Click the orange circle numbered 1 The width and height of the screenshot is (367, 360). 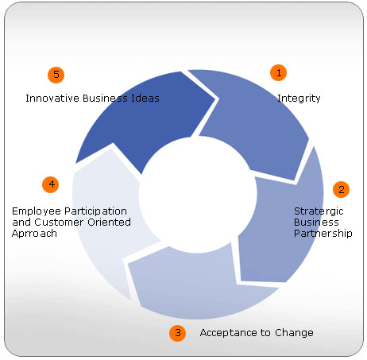pyautogui.click(x=278, y=72)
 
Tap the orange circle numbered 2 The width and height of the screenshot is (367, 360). pyautogui.click(x=341, y=189)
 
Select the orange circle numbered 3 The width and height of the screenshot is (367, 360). pyautogui.click(x=177, y=333)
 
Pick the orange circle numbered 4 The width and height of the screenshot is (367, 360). pyautogui.click(x=51, y=184)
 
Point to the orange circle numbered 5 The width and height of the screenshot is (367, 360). pyautogui.click(x=56, y=75)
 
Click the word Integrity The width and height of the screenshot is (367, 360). pyautogui.click(x=299, y=99)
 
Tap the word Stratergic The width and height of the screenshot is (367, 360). pyautogui.click(x=319, y=211)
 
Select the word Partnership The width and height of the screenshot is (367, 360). pyautogui.click(x=323, y=233)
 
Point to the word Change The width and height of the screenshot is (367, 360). pyautogui.click(x=294, y=333)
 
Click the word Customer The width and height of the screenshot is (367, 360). pyautogui.click(x=59, y=222)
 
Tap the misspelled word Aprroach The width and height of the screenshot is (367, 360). pyautogui.click(x=34, y=234)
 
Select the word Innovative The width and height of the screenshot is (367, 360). pyautogui.click(x=52, y=99)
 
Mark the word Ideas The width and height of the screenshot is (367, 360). pyautogui.click(x=145, y=99)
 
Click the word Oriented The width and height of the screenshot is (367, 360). pyautogui.click(x=110, y=222)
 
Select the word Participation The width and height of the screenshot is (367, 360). pyautogui.click(x=96, y=211)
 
